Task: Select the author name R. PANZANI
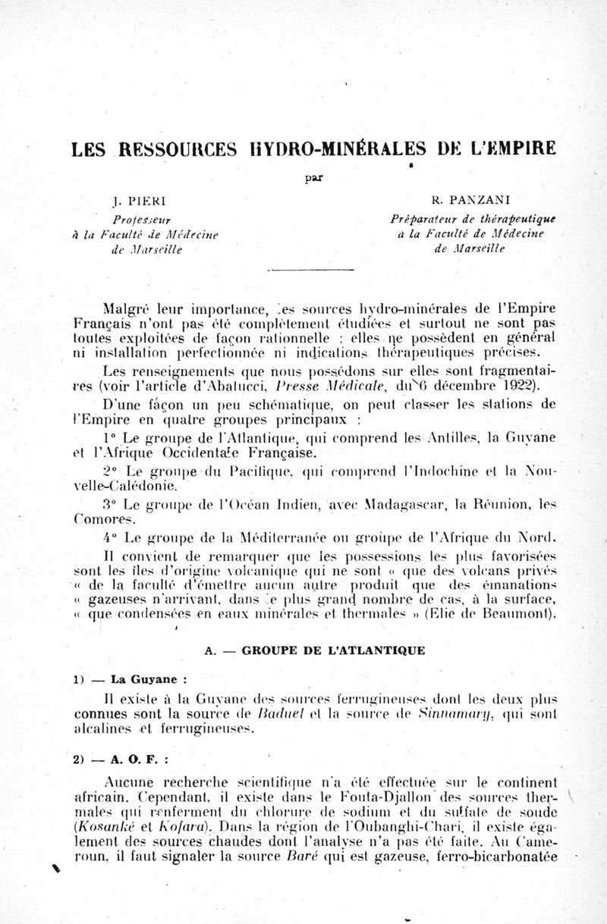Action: [x=448, y=202]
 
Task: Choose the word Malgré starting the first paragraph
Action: [x=126, y=309]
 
